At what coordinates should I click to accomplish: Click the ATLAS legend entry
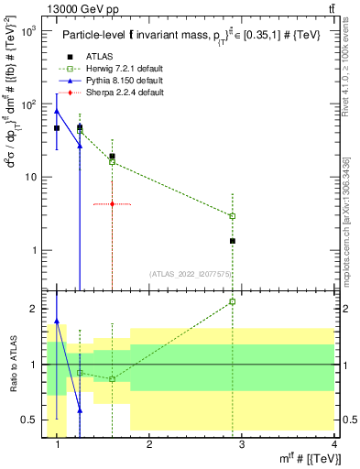94,57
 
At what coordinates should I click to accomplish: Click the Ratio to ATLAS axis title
12,365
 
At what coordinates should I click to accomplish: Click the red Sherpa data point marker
112,204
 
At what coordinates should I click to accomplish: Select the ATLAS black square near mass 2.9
233,241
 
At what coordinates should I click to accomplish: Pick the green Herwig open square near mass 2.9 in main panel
233,216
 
